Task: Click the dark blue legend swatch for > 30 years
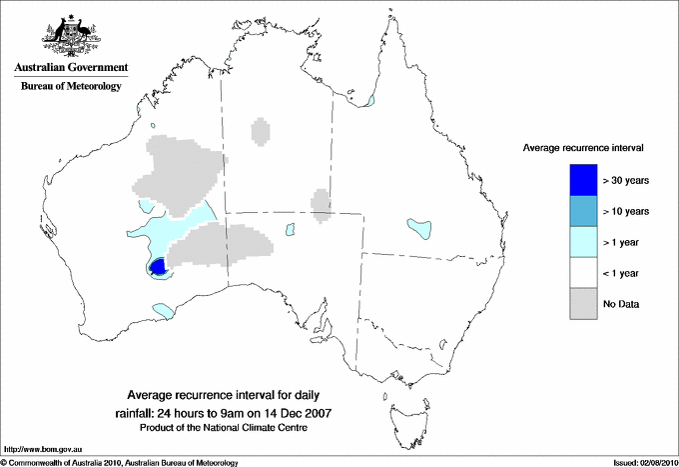click(x=584, y=180)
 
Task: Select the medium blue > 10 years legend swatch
click(x=584, y=211)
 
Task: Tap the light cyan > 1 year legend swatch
click(x=584, y=242)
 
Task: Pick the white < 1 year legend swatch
click(x=584, y=273)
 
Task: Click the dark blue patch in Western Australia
click(x=157, y=267)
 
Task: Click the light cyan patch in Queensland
click(x=418, y=228)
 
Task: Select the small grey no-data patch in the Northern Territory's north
click(x=261, y=131)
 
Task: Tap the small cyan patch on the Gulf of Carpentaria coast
click(x=369, y=101)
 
